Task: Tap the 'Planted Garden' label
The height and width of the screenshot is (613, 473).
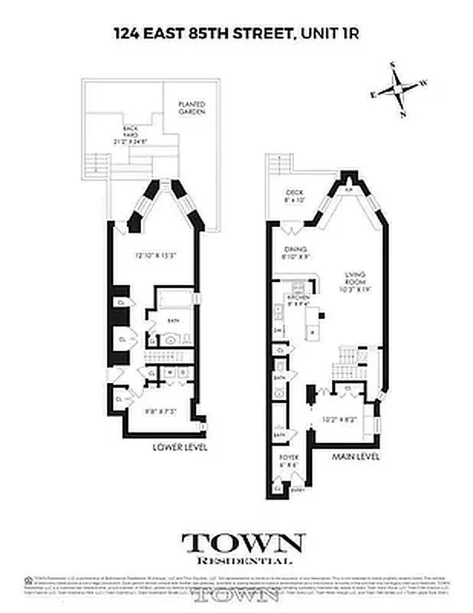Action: pos(191,107)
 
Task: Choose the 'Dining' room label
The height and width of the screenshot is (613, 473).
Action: pos(295,253)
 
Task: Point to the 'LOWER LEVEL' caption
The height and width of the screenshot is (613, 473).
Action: pos(180,447)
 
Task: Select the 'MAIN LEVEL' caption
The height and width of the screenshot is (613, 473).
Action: pos(354,457)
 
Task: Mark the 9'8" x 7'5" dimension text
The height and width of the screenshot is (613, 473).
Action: pos(162,411)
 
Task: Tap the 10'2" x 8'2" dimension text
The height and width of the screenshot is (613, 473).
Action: pos(340,419)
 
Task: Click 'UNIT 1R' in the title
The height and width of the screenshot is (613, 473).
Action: pos(334,33)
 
